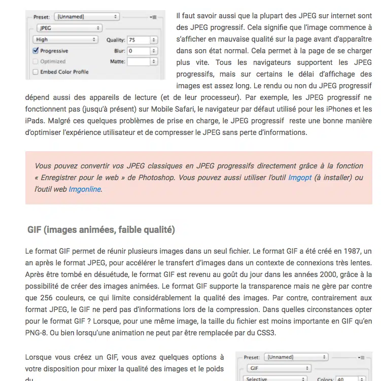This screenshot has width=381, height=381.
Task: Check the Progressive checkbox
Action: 36,51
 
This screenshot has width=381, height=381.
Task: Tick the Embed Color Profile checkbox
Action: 36,72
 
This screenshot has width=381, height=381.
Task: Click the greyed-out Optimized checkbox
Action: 36,61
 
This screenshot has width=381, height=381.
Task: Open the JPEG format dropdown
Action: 66,28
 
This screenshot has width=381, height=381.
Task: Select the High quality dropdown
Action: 65,40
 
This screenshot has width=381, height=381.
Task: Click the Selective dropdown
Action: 275,378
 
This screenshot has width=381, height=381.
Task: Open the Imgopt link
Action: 300,178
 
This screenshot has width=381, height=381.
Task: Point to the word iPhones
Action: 319,109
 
